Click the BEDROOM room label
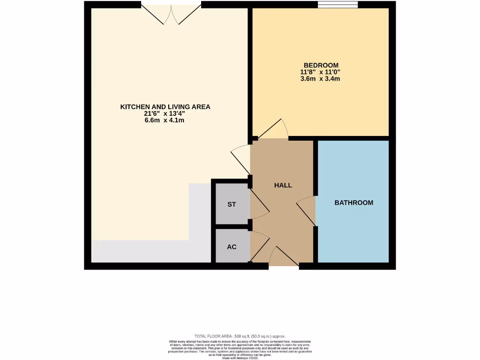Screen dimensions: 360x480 point(321,65)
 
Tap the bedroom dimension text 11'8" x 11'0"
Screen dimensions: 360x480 point(321,72)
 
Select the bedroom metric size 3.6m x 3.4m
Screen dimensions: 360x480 point(321,79)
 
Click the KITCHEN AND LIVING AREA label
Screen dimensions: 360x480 point(165,107)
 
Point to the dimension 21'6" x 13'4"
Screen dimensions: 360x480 point(165,113)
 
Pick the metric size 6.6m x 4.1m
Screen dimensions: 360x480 point(165,120)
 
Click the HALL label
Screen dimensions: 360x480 point(283,185)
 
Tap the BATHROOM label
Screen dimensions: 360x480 point(354,202)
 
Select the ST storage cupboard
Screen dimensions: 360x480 point(232,204)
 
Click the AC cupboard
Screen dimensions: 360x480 point(232,247)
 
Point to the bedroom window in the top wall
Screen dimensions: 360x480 point(337,5)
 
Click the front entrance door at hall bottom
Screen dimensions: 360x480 point(283,258)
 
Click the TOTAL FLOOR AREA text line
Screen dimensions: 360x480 point(240,336)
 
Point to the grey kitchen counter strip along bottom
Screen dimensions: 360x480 point(150,252)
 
